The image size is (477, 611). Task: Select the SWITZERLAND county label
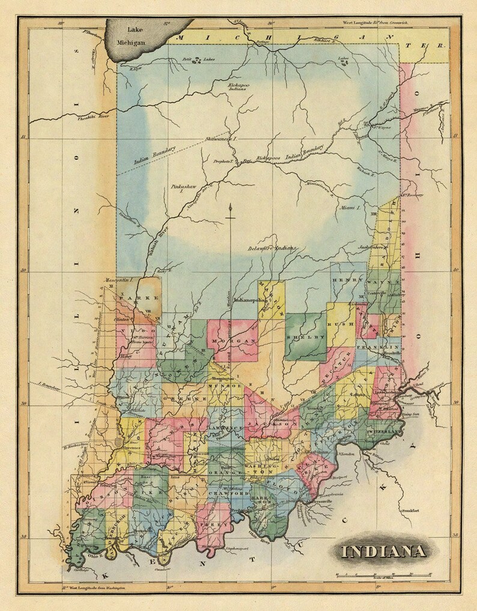click(x=390, y=433)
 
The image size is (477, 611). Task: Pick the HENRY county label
click(x=345, y=280)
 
